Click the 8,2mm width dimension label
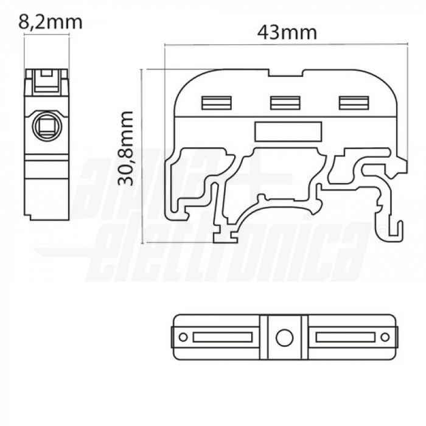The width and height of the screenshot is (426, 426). click(51, 23)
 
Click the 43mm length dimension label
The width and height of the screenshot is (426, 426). click(287, 33)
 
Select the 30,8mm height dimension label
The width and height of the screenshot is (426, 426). click(125, 148)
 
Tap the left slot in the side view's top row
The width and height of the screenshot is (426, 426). click(217, 103)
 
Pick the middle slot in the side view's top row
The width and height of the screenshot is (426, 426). click(285, 103)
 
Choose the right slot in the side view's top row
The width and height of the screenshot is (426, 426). click(354, 103)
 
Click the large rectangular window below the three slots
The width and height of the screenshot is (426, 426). click(288, 132)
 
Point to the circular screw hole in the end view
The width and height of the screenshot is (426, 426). click(47, 126)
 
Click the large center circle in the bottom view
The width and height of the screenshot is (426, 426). click(284, 338)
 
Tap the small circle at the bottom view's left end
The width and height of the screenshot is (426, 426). click(183, 337)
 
